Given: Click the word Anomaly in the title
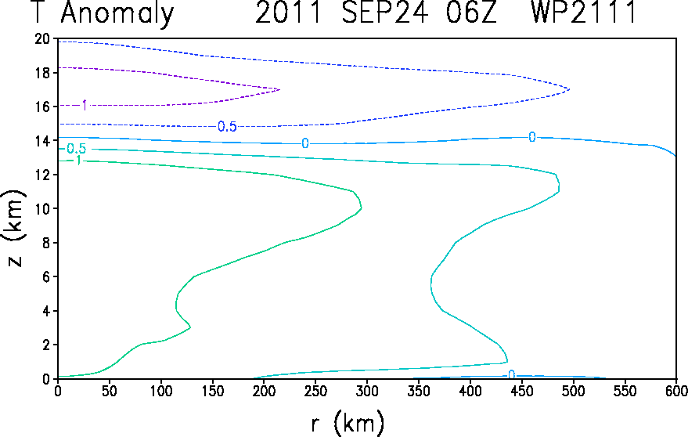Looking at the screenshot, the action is click(x=117, y=13).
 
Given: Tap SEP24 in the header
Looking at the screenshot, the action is click(x=385, y=12).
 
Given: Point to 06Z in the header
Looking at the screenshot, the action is click(x=472, y=12).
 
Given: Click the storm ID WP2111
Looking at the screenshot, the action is click(x=584, y=12).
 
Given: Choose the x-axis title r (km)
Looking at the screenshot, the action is click(x=348, y=423).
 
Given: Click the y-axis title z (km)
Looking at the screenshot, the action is click(x=15, y=229).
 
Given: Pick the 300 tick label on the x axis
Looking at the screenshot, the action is click(x=367, y=391).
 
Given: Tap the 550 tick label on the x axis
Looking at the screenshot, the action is click(x=625, y=391).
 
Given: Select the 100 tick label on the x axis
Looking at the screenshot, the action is click(x=161, y=391).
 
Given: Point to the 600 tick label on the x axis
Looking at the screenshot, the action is click(x=677, y=391).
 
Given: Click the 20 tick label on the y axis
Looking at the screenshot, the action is click(x=42, y=39).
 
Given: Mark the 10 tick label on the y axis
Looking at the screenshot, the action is click(x=43, y=208).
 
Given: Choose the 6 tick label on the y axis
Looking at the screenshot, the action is click(x=46, y=276).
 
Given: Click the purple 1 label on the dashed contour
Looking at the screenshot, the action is click(x=85, y=105).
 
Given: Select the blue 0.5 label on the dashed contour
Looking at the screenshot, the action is click(x=227, y=127).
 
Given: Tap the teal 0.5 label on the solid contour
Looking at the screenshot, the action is click(x=77, y=149).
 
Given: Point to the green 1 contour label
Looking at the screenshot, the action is click(x=78, y=161).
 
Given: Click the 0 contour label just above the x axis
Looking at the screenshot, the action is click(x=511, y=374).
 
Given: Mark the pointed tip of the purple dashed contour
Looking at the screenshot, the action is click(x=279, y=89).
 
